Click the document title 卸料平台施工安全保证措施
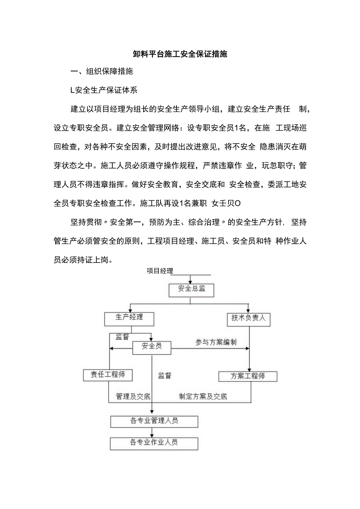pyautogui.click(x=180, y=54)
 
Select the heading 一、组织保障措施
pyautogui.click(x=102, y=72)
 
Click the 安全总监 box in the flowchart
pyautogui.click(x=191, y=289)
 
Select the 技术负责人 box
pyautogui.click(x=248, y=318)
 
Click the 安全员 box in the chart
pyautogui.click(x=151, y=347)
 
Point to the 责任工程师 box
pyautogui.click(x=108, y=375)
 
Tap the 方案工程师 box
pyautogui.click(x=248, y=376)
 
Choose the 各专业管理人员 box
pyautogui.click(x=154, y=421)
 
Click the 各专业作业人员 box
pyautogui.click(x=154, y=442)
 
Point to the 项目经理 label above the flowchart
pyautogui.click(x=160, y=271)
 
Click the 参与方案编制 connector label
pyautogui.click(x=216, y=342)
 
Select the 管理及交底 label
pyautogui.click(x=133, y=396)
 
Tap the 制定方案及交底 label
pyautogui.click(x=203, y=396)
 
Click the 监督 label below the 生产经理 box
pyautogui.click(x=122, y=337)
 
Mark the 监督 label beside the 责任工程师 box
pyautogui.click(x=165, y=376)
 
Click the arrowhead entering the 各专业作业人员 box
pyautogui.click(x=152, y=435)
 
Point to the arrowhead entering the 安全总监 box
pyautogui.click(x=190, y=282)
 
